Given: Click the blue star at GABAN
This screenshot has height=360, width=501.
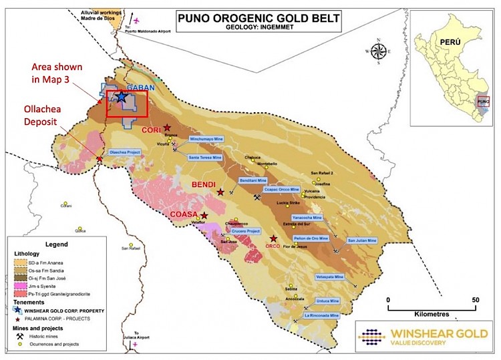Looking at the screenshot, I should coord(122,97).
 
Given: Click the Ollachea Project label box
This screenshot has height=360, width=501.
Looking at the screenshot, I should coord(124,152).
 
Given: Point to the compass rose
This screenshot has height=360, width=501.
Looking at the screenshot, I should coord(378,51).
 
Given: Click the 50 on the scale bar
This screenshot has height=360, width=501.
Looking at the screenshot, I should coord(476,300).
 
